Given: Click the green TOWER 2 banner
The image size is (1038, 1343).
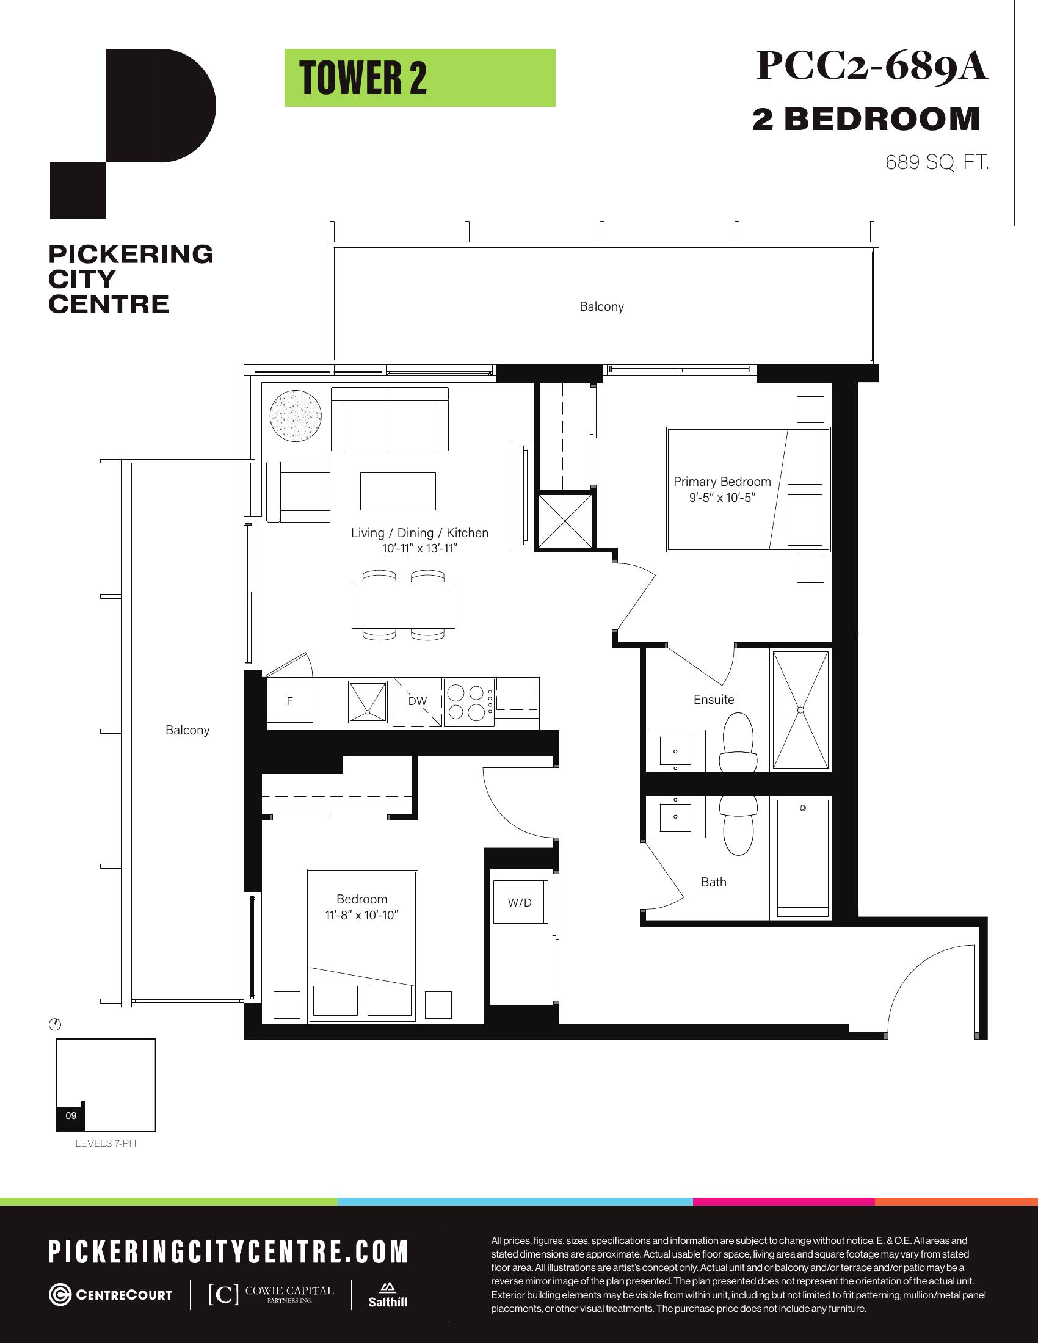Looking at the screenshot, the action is coord(419,78).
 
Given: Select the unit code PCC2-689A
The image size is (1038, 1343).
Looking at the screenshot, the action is coord(871,66).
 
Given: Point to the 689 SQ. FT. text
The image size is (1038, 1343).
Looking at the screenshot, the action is coord(937,162).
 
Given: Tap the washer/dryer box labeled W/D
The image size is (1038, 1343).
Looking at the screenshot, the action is coord(520,903).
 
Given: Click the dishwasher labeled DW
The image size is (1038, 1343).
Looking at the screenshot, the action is coord(417,701).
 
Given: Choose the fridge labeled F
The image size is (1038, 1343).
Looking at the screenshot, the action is coord(289,702).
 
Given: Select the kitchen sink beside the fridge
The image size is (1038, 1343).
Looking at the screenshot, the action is coord(368,701).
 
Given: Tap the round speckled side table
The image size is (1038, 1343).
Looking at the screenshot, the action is coord(295,414).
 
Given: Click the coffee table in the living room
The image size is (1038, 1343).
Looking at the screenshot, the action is coord(398,491).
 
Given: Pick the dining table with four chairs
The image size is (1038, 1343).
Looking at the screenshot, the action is coord(404,606).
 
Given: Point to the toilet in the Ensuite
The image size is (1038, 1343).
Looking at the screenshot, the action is coord(738,742).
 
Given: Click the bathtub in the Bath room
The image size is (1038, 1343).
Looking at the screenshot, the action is coord(802,858).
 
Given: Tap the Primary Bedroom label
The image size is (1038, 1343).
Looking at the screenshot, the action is coord(722,482).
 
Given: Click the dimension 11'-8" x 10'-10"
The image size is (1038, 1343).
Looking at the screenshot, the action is coord(361,915).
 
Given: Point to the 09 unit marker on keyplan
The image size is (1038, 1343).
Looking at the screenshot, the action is coord(71,1115).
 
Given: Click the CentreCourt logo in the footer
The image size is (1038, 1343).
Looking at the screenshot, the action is coord(111,1294).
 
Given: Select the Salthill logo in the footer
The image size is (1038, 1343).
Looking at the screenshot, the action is coord(387,1294).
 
